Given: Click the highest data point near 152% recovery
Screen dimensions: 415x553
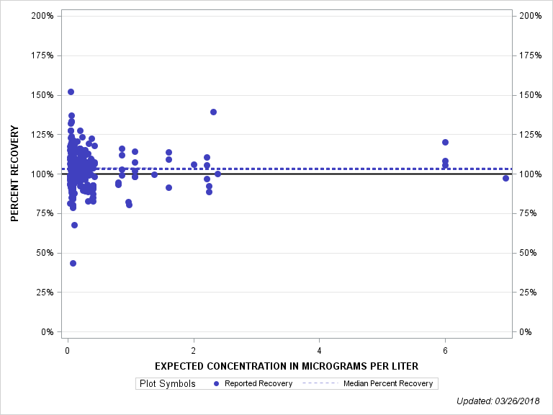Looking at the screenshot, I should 71,92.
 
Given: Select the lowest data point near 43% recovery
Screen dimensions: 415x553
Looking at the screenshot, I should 73,264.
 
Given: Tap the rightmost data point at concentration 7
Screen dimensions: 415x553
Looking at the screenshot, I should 505,178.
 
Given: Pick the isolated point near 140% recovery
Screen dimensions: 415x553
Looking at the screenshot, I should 213,112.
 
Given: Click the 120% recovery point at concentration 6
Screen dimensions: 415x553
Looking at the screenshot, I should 445,143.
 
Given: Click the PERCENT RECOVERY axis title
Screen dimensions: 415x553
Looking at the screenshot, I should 15,174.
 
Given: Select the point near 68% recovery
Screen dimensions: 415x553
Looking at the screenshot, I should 74,225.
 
